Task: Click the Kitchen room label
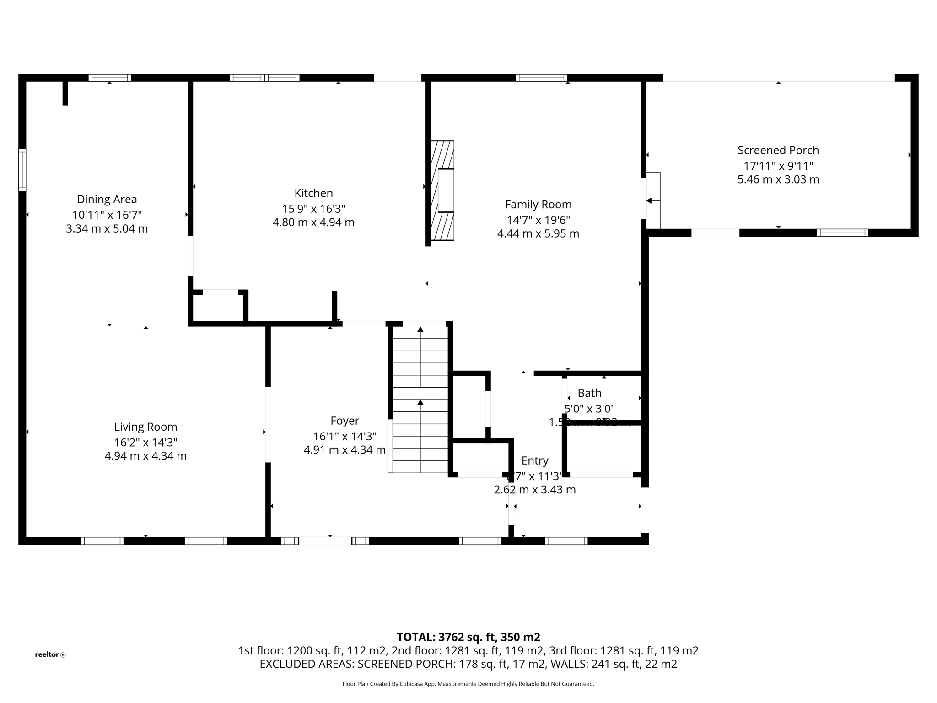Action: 313,193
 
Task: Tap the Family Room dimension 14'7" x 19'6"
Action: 538,220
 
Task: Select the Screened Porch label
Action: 778,150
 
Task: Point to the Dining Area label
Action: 107,200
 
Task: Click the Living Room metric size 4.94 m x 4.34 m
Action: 145,456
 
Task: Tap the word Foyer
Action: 345,421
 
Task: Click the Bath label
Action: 589,393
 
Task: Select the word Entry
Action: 534,460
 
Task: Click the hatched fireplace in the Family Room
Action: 442,190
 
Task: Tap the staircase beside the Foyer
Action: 420,398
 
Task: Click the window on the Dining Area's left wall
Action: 22,169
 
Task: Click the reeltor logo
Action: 50,654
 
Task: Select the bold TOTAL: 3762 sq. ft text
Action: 468,637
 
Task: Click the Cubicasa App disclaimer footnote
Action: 468,684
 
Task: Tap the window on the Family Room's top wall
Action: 541,78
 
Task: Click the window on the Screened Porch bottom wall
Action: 842,233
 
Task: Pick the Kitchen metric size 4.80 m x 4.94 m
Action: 313,222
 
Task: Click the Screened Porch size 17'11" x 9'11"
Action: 778,166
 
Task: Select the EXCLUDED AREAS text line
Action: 468,664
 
